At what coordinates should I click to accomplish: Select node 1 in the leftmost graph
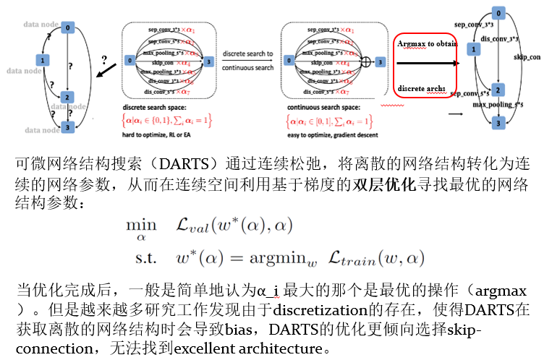point(43,60)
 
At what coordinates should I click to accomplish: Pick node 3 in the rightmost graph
point(497,123)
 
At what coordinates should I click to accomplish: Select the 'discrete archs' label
point(421,88)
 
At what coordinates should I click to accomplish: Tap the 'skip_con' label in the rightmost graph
point(527,56)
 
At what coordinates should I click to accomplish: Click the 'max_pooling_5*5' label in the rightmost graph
point(498,105)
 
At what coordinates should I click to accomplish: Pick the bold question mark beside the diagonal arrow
point(104,58)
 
